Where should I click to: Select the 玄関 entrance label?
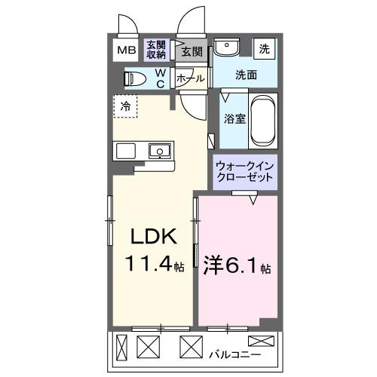click(x=192, y=51)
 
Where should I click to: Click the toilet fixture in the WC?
click(x=136, y=78)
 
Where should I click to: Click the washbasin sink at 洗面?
click(x=225, y=49)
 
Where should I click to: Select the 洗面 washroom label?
click(x=246, y=75)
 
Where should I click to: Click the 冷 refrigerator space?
click(x=126, y=106)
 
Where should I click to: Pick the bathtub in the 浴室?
click(x=263, y=121)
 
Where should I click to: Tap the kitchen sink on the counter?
click(x=159, y=150)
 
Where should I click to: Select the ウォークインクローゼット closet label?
click(x=244, y=170)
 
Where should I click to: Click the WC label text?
click(x=161, y=78)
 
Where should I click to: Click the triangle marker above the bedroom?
click(x=254, y=199)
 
